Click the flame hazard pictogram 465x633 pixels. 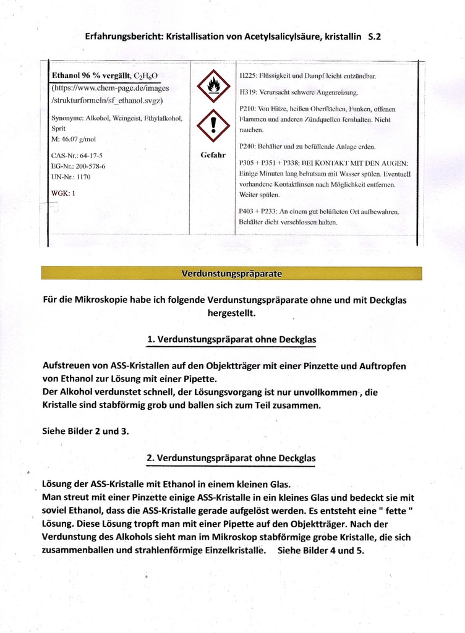[x=213, y=87]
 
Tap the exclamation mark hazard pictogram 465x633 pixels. [x=213, y=126]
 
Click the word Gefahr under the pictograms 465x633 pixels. [x=213, y=155]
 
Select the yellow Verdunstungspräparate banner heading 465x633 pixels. [x=231, y=273]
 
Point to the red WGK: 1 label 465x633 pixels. [x=63, y=193]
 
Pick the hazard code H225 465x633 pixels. [x=248, y=76]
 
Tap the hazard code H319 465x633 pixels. [x=248, y=92]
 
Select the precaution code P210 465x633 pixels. [x=247, y=109]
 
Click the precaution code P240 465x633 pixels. [x=247, y=147]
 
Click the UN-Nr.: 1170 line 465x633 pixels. [x=71, y=177]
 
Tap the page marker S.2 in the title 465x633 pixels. [x=374, y=36]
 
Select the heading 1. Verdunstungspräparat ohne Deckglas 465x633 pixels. [x=231, y=339]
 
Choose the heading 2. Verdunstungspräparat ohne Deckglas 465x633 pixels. [x=231, y=458]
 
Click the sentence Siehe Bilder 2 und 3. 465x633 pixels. [x=86, y=431]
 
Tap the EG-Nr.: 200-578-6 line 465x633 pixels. [x=79, y=166]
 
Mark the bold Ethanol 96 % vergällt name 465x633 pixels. [x=92, y=76]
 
